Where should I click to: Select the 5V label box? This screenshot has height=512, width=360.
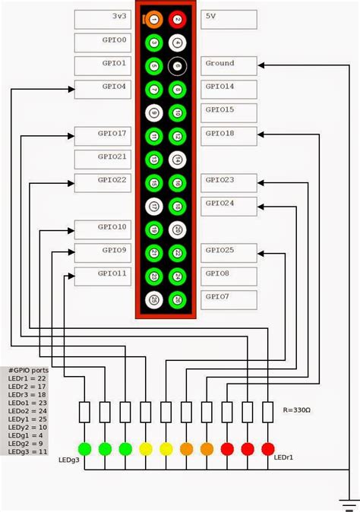click(x=229, y=19)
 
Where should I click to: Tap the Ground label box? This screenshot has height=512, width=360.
click(x=229, y=65)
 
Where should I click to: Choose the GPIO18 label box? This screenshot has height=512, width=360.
click(x=229, y=136)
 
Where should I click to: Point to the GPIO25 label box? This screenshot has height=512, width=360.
click(x=229, y=252)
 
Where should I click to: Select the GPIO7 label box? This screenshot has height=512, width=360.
click(x=229, y=299)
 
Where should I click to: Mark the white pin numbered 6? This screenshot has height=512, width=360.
click(x=177, y=66)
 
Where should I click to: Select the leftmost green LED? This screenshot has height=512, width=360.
click(x=85, y=448)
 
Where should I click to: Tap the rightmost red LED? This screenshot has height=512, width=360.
click(x=267, y=448)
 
